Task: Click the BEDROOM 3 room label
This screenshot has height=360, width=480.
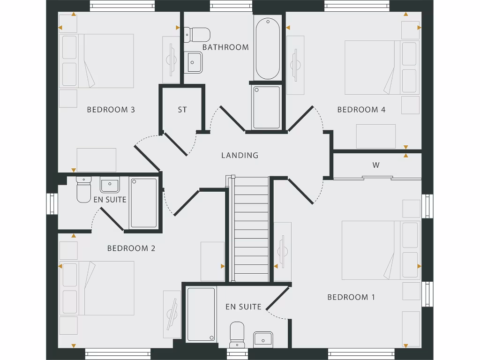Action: [111, 110]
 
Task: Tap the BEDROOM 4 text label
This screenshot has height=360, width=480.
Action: [361, 110]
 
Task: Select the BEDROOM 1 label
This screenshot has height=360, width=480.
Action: [351, 297]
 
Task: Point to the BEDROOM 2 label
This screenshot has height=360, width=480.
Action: [131, 248]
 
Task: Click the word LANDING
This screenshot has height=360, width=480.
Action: [240, 155]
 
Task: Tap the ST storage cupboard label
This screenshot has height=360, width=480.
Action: [182, 110]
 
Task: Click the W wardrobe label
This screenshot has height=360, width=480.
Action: [376, 165]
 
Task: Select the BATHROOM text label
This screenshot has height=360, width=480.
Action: [225, 47]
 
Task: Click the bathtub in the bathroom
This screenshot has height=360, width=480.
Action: [268, 48]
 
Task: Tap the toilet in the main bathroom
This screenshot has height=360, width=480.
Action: [197, 34]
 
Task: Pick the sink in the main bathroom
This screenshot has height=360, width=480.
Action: [195, 62]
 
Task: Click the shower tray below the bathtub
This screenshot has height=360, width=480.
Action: [267, 107]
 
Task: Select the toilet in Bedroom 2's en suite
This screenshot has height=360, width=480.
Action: [83, 190]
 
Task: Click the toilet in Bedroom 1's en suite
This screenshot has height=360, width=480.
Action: [237, 333]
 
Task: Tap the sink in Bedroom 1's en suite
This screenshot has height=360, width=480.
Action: [263, 339]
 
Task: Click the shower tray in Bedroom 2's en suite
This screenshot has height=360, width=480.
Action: [143, 202]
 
